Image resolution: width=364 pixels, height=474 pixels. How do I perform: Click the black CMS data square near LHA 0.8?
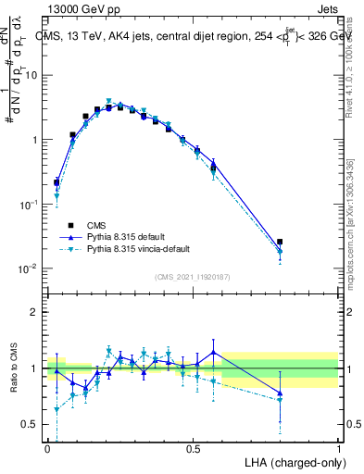(x=281, y=242)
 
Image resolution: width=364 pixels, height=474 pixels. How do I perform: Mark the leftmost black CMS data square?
(x=56, y=182)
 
